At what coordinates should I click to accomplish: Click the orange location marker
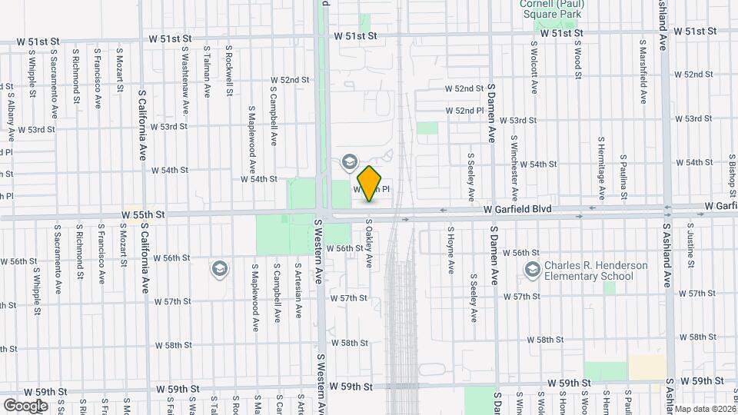click(370, 184)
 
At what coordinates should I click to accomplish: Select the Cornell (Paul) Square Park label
click(552, 8)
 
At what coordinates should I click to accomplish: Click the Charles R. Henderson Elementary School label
click(596, 271)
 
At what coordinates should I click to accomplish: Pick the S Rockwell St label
click(230, 71)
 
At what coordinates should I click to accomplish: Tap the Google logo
click(25, 405)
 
